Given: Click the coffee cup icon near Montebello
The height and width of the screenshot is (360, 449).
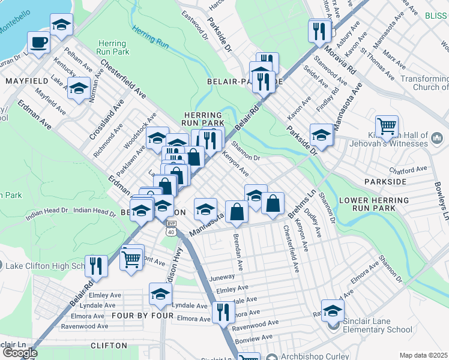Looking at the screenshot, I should (x=39, y=43).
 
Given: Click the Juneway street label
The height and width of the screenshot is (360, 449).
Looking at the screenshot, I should (x=221, y=278).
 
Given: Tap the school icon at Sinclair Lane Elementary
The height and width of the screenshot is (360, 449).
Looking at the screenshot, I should (x=332, y=311).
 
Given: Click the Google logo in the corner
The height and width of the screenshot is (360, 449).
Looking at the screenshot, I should (x=20, y=353).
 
